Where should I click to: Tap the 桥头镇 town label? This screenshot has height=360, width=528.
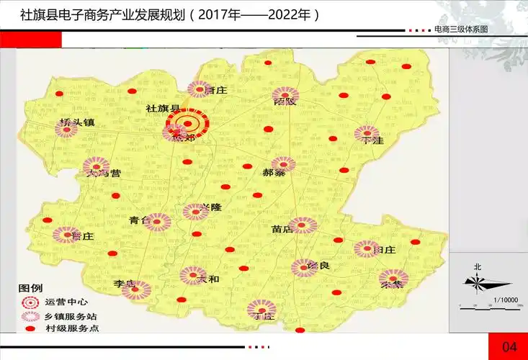click(78, 122)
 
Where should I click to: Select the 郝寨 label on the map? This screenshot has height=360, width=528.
click(274, 174)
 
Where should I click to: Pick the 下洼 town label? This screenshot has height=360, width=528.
click(373, 140)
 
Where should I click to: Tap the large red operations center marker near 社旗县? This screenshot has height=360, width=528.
click(187, 123)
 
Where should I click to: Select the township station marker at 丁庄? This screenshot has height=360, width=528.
click(260, 309)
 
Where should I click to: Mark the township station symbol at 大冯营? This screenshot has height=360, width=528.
click(96, 167)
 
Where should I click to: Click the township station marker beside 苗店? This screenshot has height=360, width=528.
click(303, 225)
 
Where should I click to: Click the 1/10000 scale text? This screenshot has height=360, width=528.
click(506, 300)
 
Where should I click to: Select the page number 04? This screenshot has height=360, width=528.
click(509, 347)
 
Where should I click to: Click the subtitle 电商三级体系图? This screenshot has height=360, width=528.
click(461, 30)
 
